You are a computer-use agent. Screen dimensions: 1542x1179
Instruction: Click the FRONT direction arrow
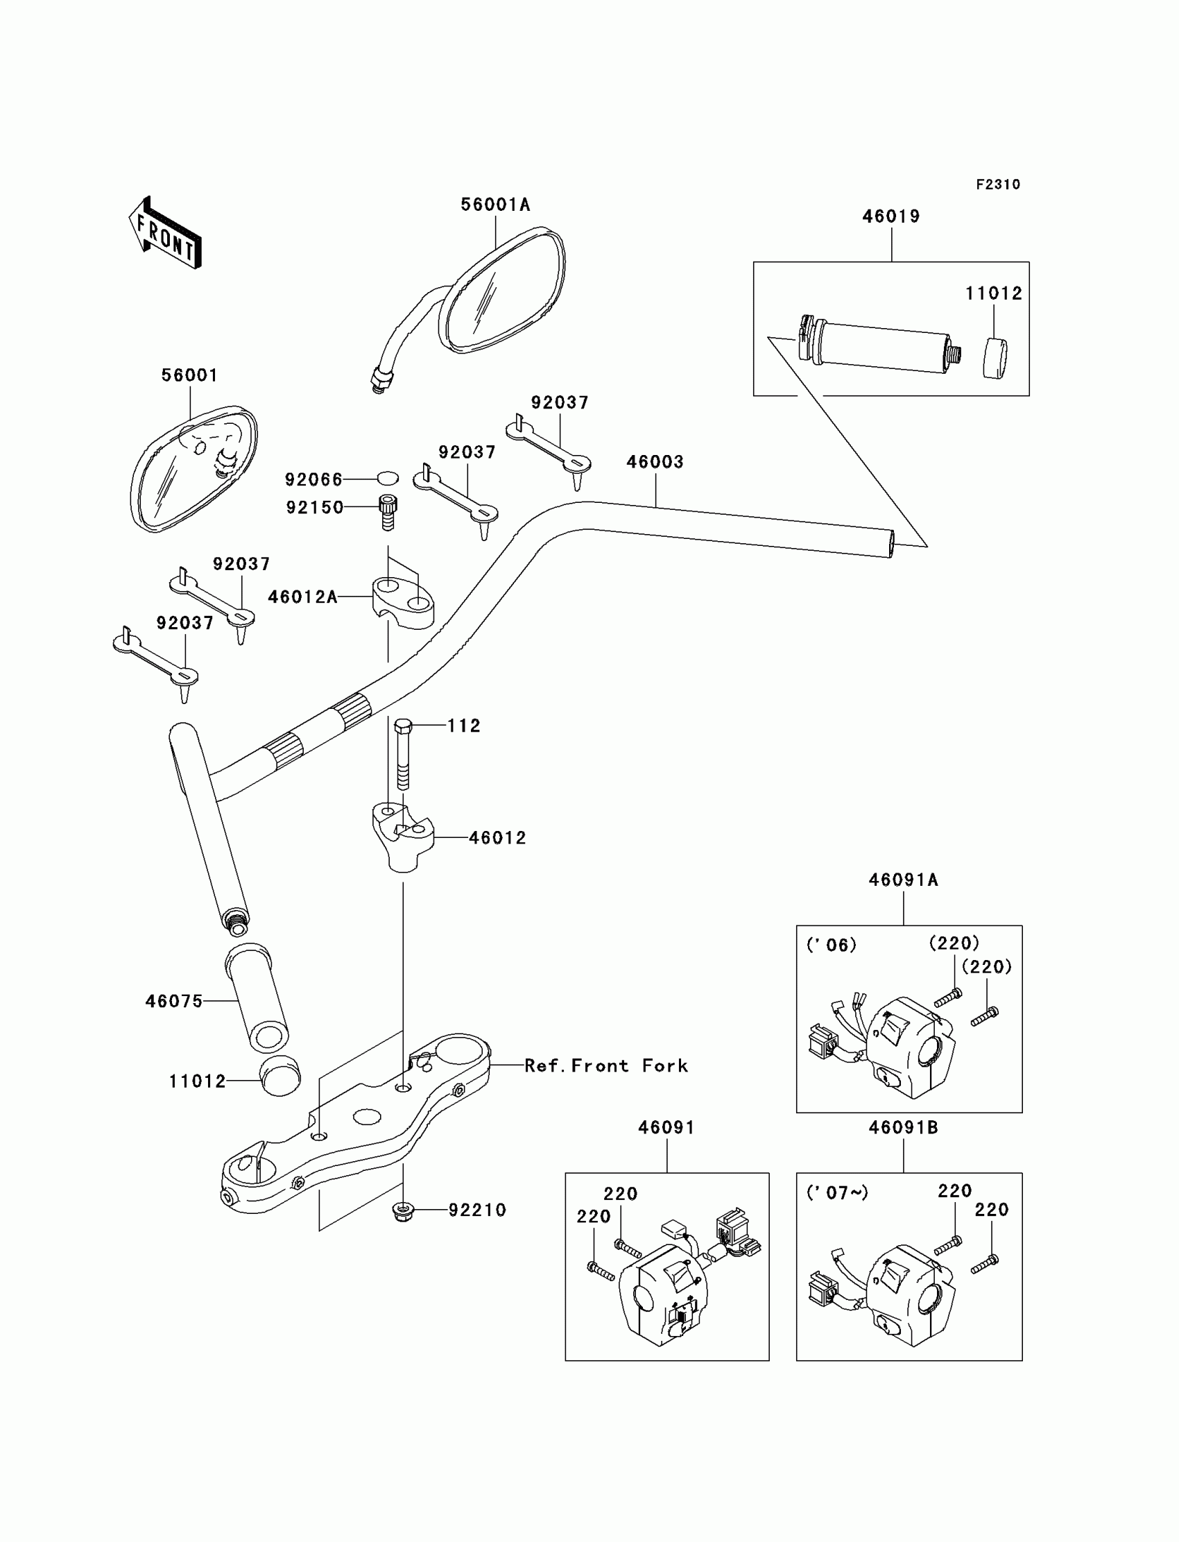point(166,234)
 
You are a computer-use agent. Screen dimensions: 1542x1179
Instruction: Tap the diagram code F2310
point(998,185)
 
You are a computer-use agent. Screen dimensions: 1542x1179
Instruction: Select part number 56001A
point(495,205)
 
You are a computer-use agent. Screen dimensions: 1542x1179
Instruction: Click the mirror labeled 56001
point(193,468)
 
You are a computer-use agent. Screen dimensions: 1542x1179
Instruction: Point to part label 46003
point(655,462)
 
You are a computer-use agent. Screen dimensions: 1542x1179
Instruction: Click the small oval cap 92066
point(388,479)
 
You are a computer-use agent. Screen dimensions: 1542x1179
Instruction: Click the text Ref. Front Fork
point(606,1065)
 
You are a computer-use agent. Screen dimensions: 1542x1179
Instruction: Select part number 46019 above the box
point(891,217)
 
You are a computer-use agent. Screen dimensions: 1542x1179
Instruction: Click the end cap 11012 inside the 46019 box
point(995,359)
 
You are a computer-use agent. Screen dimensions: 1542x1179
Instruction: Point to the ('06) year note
point(832,945)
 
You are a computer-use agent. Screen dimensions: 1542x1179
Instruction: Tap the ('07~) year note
point(837,1192)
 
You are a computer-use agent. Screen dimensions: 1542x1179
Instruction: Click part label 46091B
point(903,1128)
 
